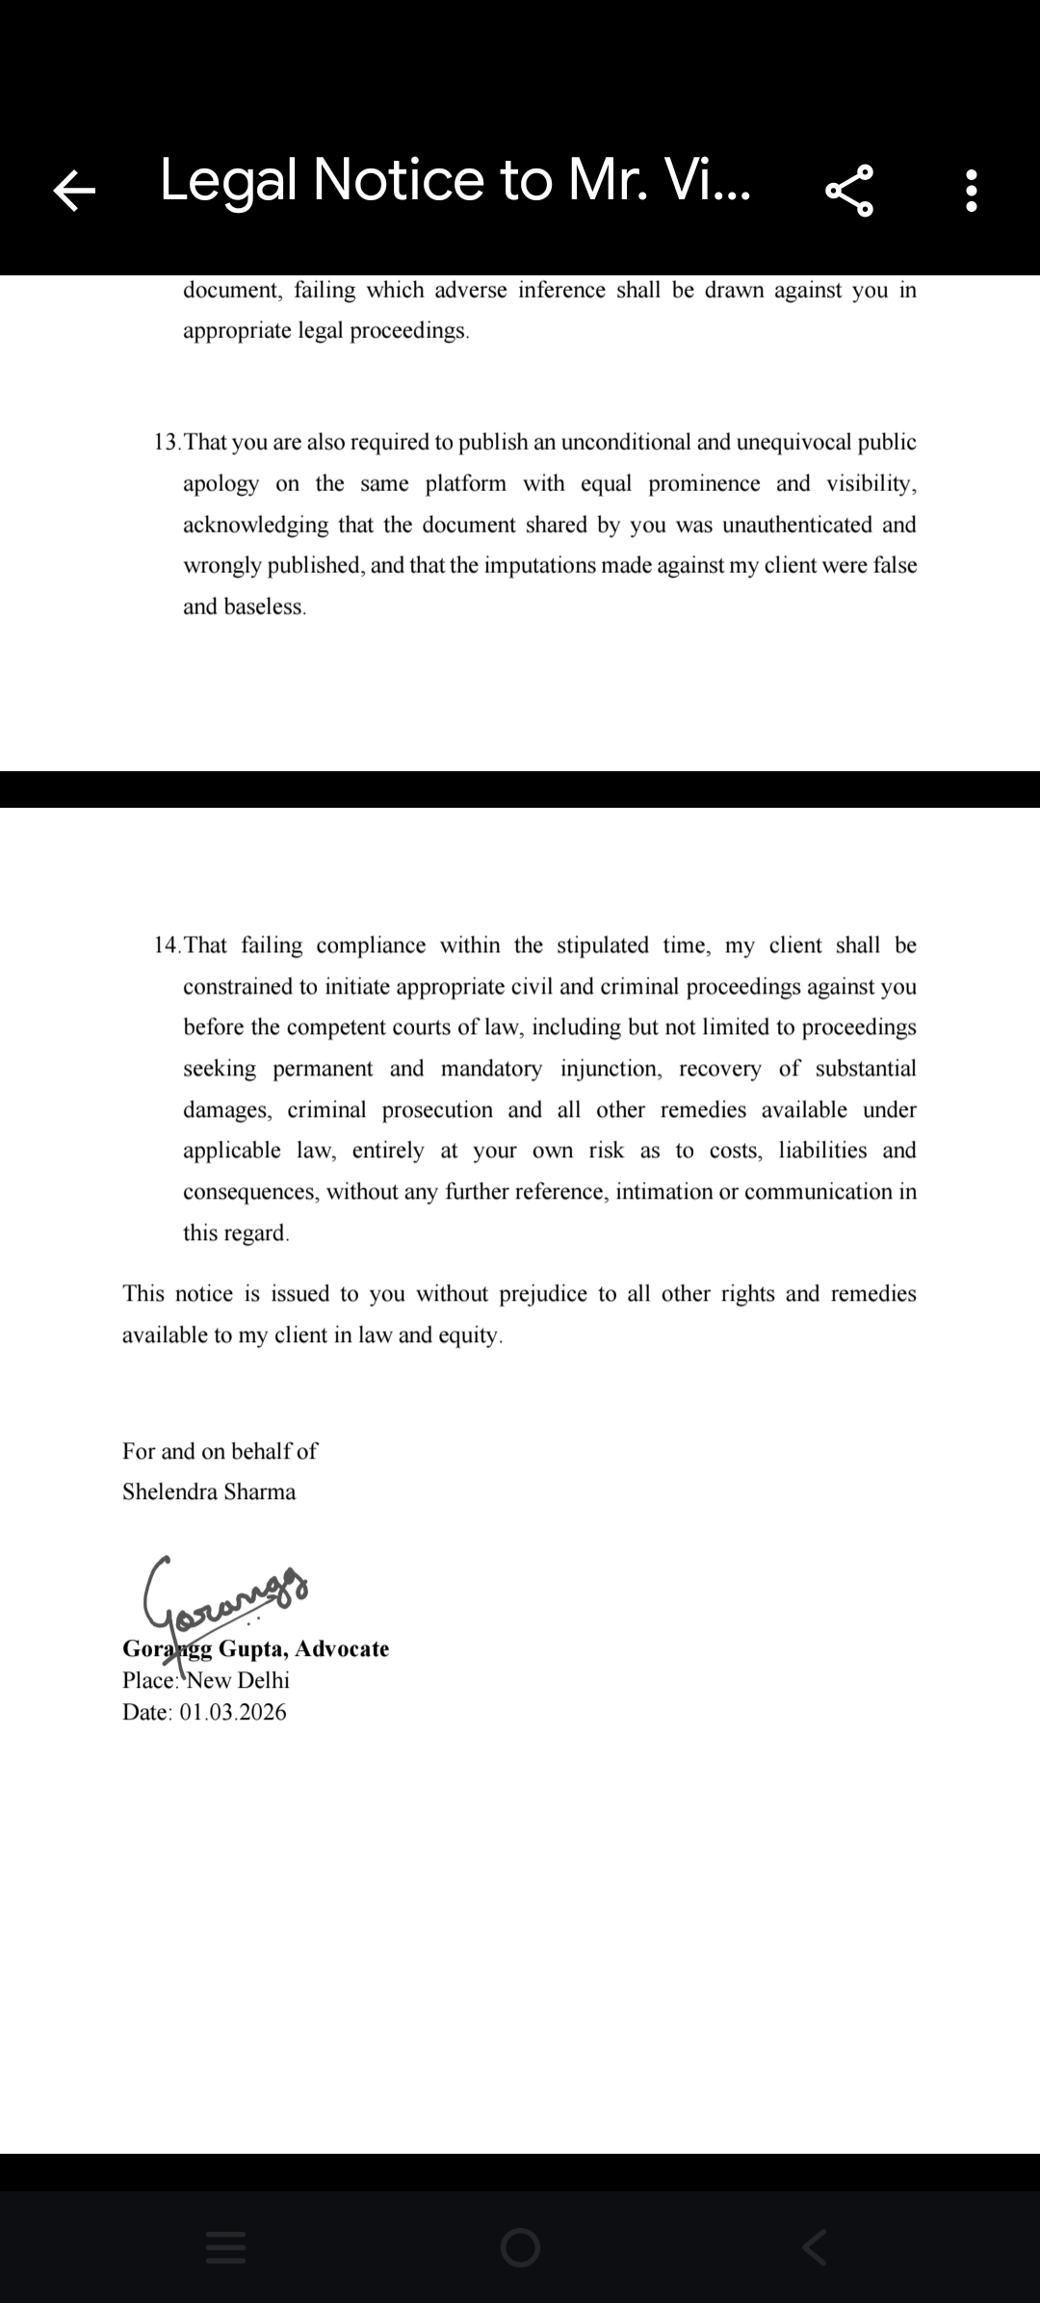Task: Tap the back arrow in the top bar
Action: click(x=74, y=190)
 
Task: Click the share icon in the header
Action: click(x=849, y=190)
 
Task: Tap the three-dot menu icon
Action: click(x=972, y=191)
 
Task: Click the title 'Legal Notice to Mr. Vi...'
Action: click(x=455, y=180)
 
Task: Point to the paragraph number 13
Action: click(x=166, y=443)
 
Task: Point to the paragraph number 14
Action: click(x=166, y=945)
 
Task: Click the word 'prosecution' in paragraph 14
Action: click(x=437, y=1110)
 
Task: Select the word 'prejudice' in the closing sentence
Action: click(x=542, y=1294)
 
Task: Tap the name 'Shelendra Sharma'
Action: click(x=209, y=1491)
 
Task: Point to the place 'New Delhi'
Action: click(x=238, y=1680)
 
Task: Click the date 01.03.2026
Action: click(x=233, y=1712)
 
